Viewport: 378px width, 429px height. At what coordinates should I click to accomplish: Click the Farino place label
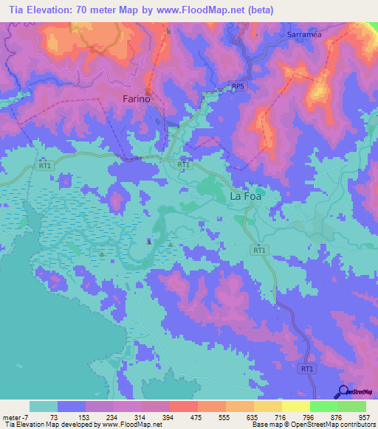(136, 99)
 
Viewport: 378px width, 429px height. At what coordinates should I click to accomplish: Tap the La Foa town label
(245, 197)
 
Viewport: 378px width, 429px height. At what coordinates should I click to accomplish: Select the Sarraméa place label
(303, 35)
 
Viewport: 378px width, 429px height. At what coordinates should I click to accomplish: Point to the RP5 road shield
(237, 87)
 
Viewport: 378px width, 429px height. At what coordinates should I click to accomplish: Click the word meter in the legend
(13, 416)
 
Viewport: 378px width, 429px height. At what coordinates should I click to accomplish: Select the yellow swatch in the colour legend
(295, 406)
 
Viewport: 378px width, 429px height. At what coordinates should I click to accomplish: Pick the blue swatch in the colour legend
(72, 406)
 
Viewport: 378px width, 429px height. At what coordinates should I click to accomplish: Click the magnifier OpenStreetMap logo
(342, 391)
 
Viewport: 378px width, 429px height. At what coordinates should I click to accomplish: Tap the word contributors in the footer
(357, 425)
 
